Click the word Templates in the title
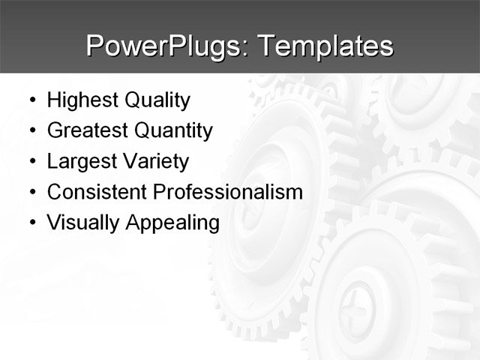coord(325,46)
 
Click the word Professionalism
coord(227,192)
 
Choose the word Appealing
coord(171,223)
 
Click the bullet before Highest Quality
coord(31,101)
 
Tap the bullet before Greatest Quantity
coord(31,132)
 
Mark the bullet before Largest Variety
coord(31,162)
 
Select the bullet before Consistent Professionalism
coord(31,193)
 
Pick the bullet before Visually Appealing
coord(31,223)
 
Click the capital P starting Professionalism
coord(158,192)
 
